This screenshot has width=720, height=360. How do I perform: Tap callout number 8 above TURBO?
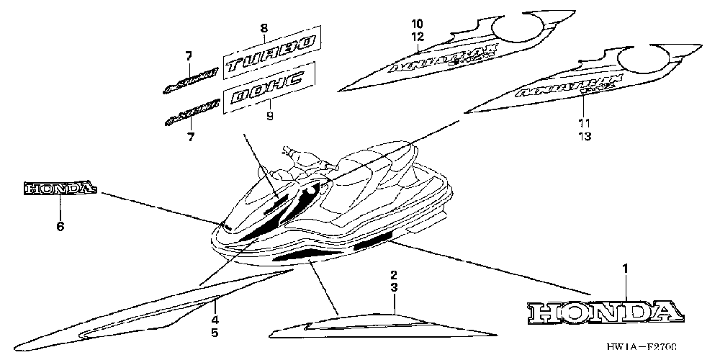(x=264, y=28)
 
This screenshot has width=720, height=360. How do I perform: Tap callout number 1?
(x=625, y=269)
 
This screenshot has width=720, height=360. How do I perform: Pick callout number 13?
(x=583, y=136)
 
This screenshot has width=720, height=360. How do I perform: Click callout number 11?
(x=583, y=123)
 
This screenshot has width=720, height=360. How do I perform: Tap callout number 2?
(x=394, y=275)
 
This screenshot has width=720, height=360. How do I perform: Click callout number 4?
(x=214, y=320)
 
